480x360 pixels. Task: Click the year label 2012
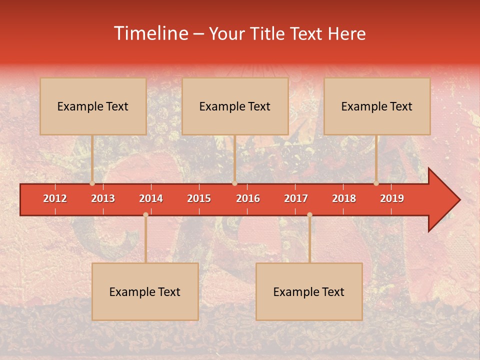pos(55,198)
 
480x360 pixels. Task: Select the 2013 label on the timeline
pos(103,198)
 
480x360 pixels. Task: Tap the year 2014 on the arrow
pos(151,198)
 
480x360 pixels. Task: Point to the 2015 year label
pos(199,198)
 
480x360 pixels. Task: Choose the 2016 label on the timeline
pos(248,198)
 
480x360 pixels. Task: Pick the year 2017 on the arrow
pos(296,198)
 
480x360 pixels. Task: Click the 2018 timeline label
pos(344,198)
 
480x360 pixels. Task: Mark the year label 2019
pos(392,198)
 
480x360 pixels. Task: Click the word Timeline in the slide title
pos(150,33)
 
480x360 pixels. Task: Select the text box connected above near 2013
pos(93,106)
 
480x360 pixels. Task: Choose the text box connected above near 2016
pos(235,106)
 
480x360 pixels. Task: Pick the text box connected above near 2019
pos(377,106)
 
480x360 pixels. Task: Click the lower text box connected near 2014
pos(145,291)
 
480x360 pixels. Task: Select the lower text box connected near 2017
pos(309,291)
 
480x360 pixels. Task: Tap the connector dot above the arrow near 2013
pos(92,183)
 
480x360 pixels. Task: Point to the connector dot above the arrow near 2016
pos(234,183)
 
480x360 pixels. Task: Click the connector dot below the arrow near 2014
pos(145,214)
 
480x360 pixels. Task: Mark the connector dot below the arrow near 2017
pos(309,214)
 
